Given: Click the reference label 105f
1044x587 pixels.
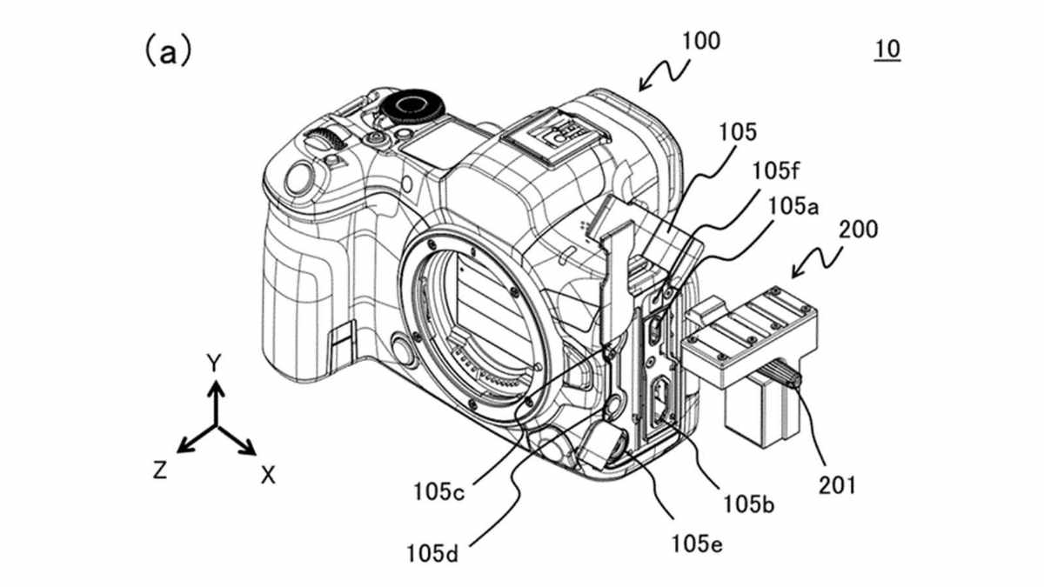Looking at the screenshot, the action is [x=775, y=171].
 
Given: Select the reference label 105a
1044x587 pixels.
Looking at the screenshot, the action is [x=793, y=206].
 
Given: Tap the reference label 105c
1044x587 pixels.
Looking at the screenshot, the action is [x=439, y=492].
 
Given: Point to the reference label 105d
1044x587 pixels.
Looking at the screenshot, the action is [x=432, y=554].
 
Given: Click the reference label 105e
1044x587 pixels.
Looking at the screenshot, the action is [x=697, y=544].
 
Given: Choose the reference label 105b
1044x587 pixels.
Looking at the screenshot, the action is [x=748, y=504].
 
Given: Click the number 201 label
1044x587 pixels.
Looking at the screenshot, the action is [x=838, y=485].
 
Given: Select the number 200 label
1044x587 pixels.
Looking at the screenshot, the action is [x=858, y=230].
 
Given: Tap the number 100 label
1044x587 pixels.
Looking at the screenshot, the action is [x=701, y=41].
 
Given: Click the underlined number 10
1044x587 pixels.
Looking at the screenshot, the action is [x=887, y=50].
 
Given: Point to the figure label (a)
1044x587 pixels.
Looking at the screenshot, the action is [x=168, y=51].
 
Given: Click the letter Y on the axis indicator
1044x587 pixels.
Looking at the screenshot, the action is [x=214, y=363].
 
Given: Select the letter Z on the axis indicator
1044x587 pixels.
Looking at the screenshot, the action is [x=160, y=470].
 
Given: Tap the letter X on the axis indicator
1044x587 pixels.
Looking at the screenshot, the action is [x=268, y=476].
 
